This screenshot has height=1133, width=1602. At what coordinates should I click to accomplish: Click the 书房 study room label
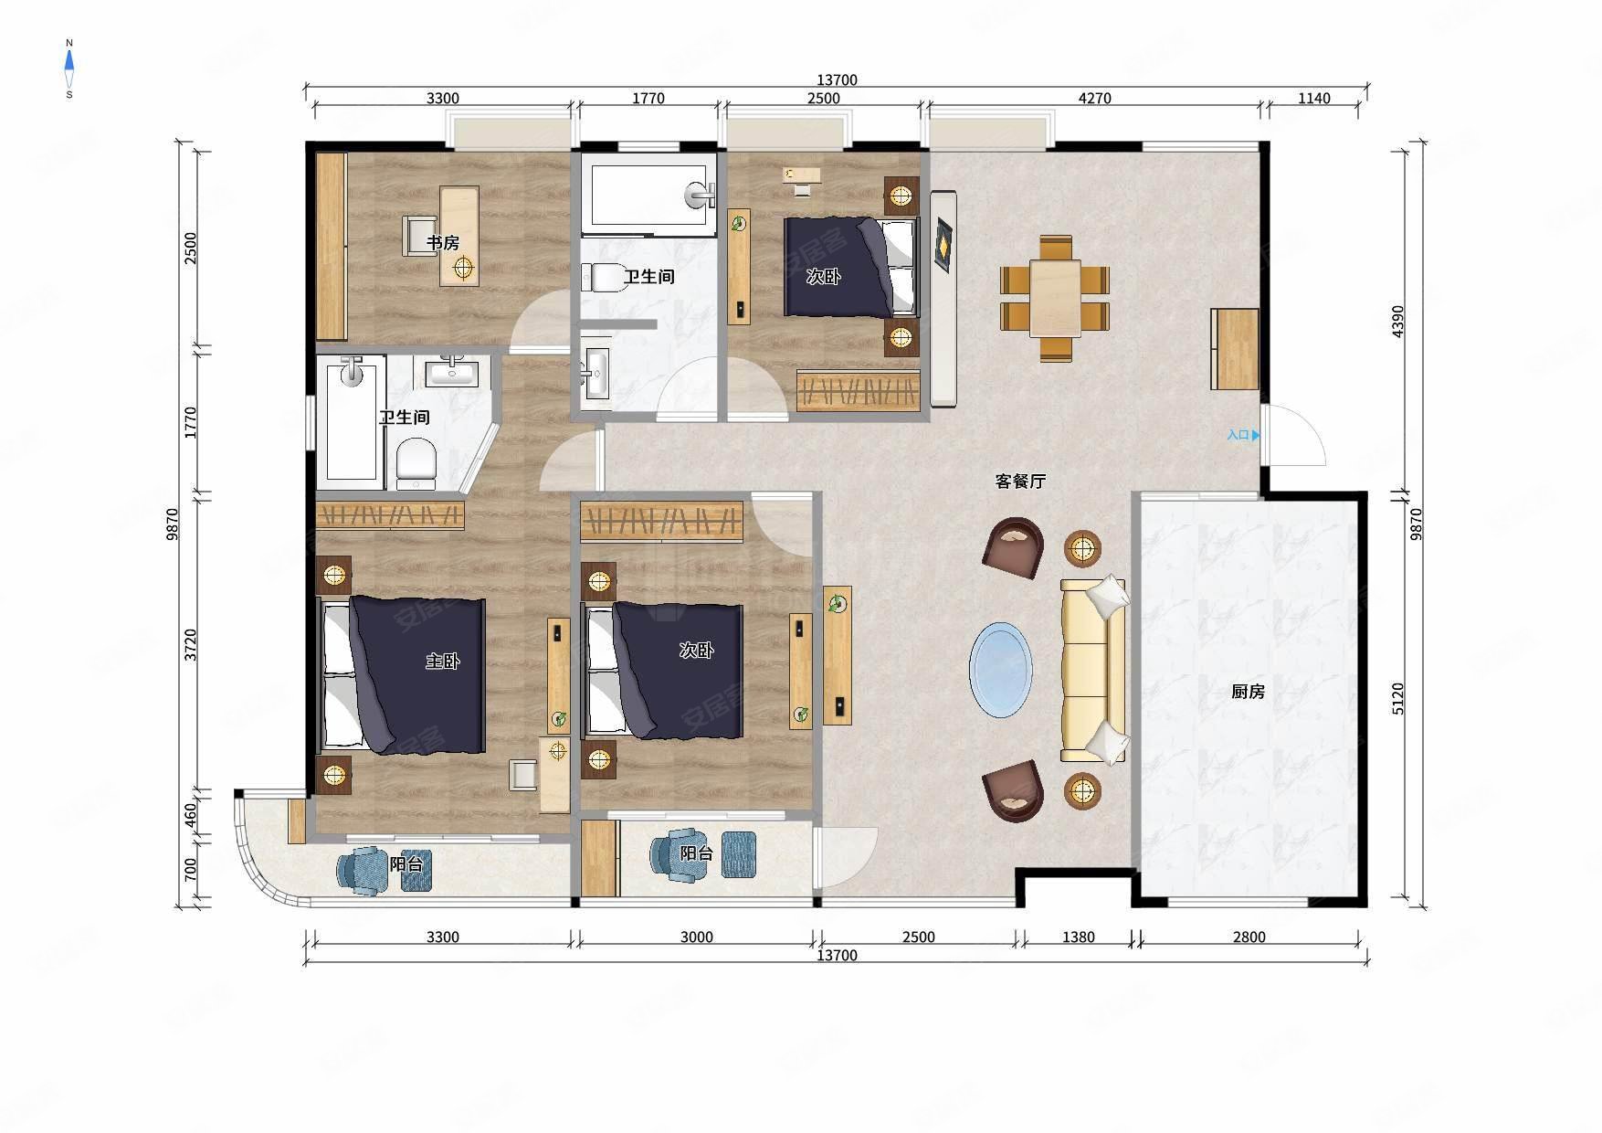pos(443,243)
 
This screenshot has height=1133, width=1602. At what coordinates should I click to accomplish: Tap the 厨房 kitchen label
pos(1248,692)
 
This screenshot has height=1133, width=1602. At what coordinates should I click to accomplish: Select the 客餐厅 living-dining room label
pos(1020,482)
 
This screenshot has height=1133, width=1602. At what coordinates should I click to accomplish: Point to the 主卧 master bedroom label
pos(442,661)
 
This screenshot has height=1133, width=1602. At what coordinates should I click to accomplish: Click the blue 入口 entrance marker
pos(1243,436)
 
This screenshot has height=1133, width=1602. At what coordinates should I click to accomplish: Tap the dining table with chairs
pos(1055,299)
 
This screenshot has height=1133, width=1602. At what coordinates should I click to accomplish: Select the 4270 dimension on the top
pos(1094,99)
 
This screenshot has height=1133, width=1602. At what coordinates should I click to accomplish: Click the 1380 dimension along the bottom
pos(1078,937)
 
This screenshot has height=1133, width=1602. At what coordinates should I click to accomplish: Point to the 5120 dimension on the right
pos(1398,699)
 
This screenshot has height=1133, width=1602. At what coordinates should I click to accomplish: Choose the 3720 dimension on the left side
pos(190,645)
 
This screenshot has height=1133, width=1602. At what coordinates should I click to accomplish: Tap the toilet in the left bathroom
pos(416,462)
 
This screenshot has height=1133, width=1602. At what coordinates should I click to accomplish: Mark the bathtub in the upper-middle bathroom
pos(649,195)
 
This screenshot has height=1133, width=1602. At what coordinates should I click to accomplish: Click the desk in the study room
pos(459,236)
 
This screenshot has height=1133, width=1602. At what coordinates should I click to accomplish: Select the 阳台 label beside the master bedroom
pos(406,863)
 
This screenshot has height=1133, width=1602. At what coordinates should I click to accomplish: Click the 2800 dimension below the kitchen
pos(1249,937)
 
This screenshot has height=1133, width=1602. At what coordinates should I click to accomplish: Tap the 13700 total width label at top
pos(837,80)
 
